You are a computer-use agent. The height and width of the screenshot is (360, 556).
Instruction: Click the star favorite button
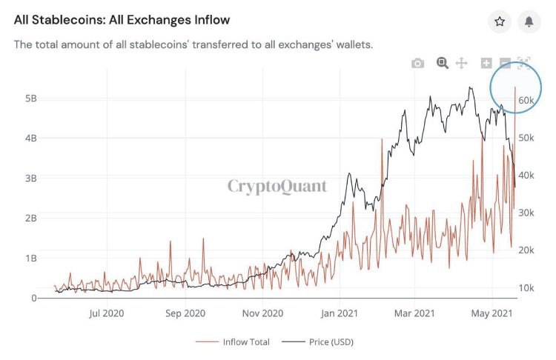tap(500, 22)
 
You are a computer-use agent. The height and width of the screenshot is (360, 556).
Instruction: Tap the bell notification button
tap(529, 22)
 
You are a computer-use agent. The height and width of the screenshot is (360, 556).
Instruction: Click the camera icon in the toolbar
tap(417, 64)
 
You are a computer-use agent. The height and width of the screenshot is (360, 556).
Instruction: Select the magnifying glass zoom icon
tap(443, 63)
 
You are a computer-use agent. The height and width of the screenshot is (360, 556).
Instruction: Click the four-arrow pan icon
tap(461, 64)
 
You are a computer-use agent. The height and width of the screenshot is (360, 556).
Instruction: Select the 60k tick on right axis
tap(527, 100)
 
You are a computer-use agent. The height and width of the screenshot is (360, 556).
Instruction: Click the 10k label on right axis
tap(527, 287)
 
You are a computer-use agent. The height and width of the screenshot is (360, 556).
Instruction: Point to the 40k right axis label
tap(527, 175)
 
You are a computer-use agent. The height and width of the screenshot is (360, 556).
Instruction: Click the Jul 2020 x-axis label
tap(106, 313)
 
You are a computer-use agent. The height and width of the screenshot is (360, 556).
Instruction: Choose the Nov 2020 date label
tap(263, 313)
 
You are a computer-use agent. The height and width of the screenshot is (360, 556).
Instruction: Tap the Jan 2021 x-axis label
tap(340, 313)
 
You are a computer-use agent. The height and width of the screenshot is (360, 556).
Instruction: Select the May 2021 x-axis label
tap(492, 313)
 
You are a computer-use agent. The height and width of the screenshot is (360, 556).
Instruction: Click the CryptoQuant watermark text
tap(277, 185)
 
